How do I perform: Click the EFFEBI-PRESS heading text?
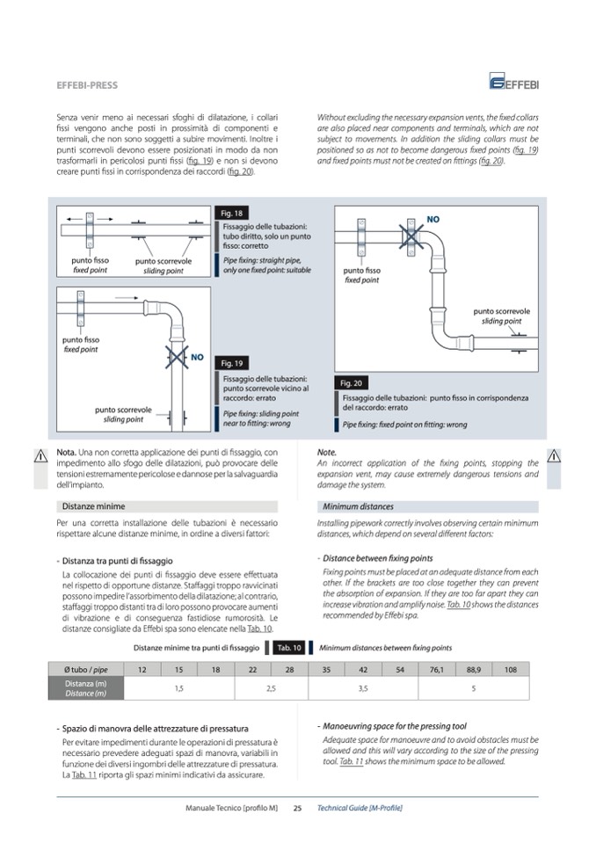[x=87, y=86]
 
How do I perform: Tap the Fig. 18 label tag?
[x=232, y=214]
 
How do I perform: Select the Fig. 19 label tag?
[x=232, y=363]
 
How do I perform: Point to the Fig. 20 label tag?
[x=350, y=383]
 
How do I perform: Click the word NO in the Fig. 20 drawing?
[x=432, y=218]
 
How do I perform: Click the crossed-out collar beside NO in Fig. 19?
[x=176, y=356]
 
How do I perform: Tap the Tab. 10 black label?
[x=289, y=648]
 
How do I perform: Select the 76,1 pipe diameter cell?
[x=437, y=670]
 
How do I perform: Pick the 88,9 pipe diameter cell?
[x=474, y=670]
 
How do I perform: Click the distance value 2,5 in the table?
[x=271, y=688]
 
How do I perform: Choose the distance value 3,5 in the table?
[x=363, y=688]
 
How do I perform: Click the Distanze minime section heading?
[x=93, y=506]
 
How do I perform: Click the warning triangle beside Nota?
[x=40, y=455]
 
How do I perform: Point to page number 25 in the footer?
[x=297, y=808]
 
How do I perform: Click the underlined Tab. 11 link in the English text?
[x=352, y=761]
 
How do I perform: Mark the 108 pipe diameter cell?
[x=511, y=670]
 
